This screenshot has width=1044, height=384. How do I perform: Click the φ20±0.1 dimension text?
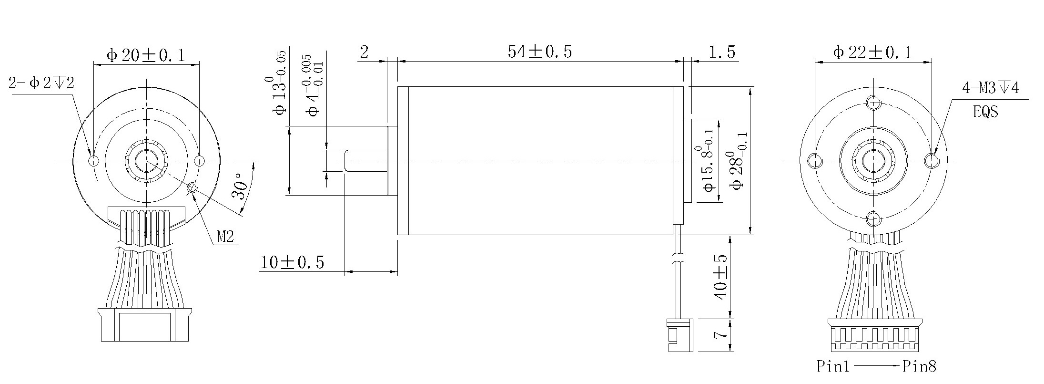tap(145, 55)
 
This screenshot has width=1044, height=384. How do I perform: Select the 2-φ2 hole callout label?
tap(41, 83)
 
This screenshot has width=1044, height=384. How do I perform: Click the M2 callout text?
tap(225, 236)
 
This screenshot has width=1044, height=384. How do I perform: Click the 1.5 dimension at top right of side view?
tap(721, 52)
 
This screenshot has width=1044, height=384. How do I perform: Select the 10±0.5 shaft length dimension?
tap(292, 262)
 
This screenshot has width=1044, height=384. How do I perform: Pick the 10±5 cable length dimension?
tap(720, 277)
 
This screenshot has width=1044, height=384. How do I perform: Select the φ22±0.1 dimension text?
tap(872, 52)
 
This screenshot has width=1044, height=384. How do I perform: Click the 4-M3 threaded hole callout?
tap(990, 88)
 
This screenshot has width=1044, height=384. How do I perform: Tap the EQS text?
tap(985, 112)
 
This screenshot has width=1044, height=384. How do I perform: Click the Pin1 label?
tap(833, 366)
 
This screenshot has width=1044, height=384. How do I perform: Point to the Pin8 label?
tap(920, 366)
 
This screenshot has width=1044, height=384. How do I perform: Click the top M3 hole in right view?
tap(873, 102)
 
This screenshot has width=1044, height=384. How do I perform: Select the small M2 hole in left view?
tap(193, 188)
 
